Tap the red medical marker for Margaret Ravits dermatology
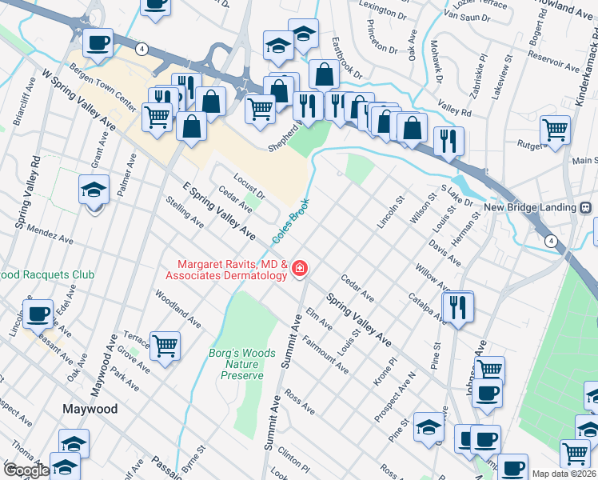click(300, 269)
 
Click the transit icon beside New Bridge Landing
click(585, 207)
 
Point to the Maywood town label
click(90, 409)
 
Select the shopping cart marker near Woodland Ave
click(165, 346)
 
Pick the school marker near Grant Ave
click(94, 190)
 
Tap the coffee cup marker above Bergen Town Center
click(98, 43)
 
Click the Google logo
click(26, 470)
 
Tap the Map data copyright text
click(564, 474)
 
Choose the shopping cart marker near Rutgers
click(554, 129)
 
